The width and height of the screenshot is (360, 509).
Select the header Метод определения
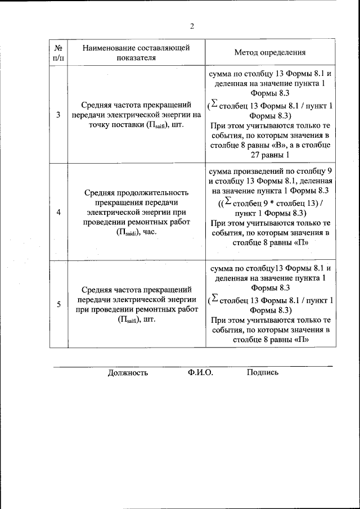coord(269,52)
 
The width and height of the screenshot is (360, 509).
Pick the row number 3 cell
coord(58,115)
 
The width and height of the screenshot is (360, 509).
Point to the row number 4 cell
coord(58,212)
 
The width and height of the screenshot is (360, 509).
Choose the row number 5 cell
coord(58,304)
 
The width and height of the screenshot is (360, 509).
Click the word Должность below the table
coord(128,372)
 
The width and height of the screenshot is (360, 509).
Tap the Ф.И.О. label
coord(201,372)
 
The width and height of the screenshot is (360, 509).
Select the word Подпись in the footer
coord(262,372)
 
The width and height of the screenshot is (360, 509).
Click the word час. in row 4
coord(149,232)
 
